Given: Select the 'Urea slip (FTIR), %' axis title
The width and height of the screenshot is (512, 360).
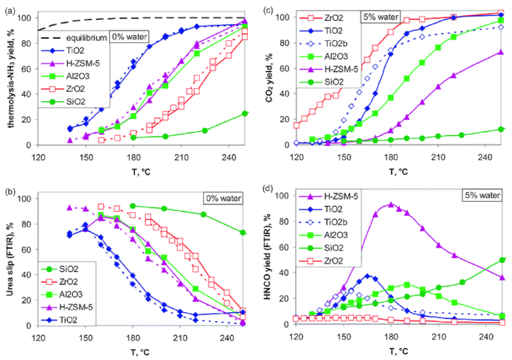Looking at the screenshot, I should [10, 261].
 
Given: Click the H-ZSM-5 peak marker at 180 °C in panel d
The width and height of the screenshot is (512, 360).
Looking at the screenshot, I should [390, 205].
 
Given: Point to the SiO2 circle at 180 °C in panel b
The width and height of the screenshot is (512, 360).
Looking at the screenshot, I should [133, 206].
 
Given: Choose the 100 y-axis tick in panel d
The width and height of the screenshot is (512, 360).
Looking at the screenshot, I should [286, 195].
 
